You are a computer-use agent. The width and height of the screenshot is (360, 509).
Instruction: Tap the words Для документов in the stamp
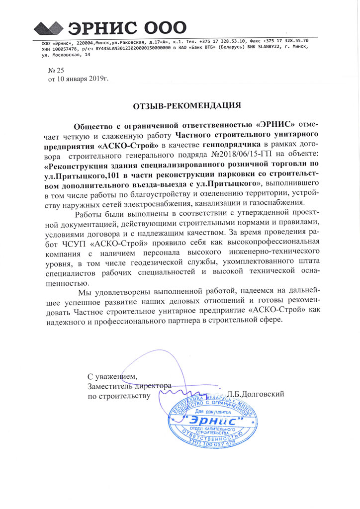pyautogui.click(x=214, y=412)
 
